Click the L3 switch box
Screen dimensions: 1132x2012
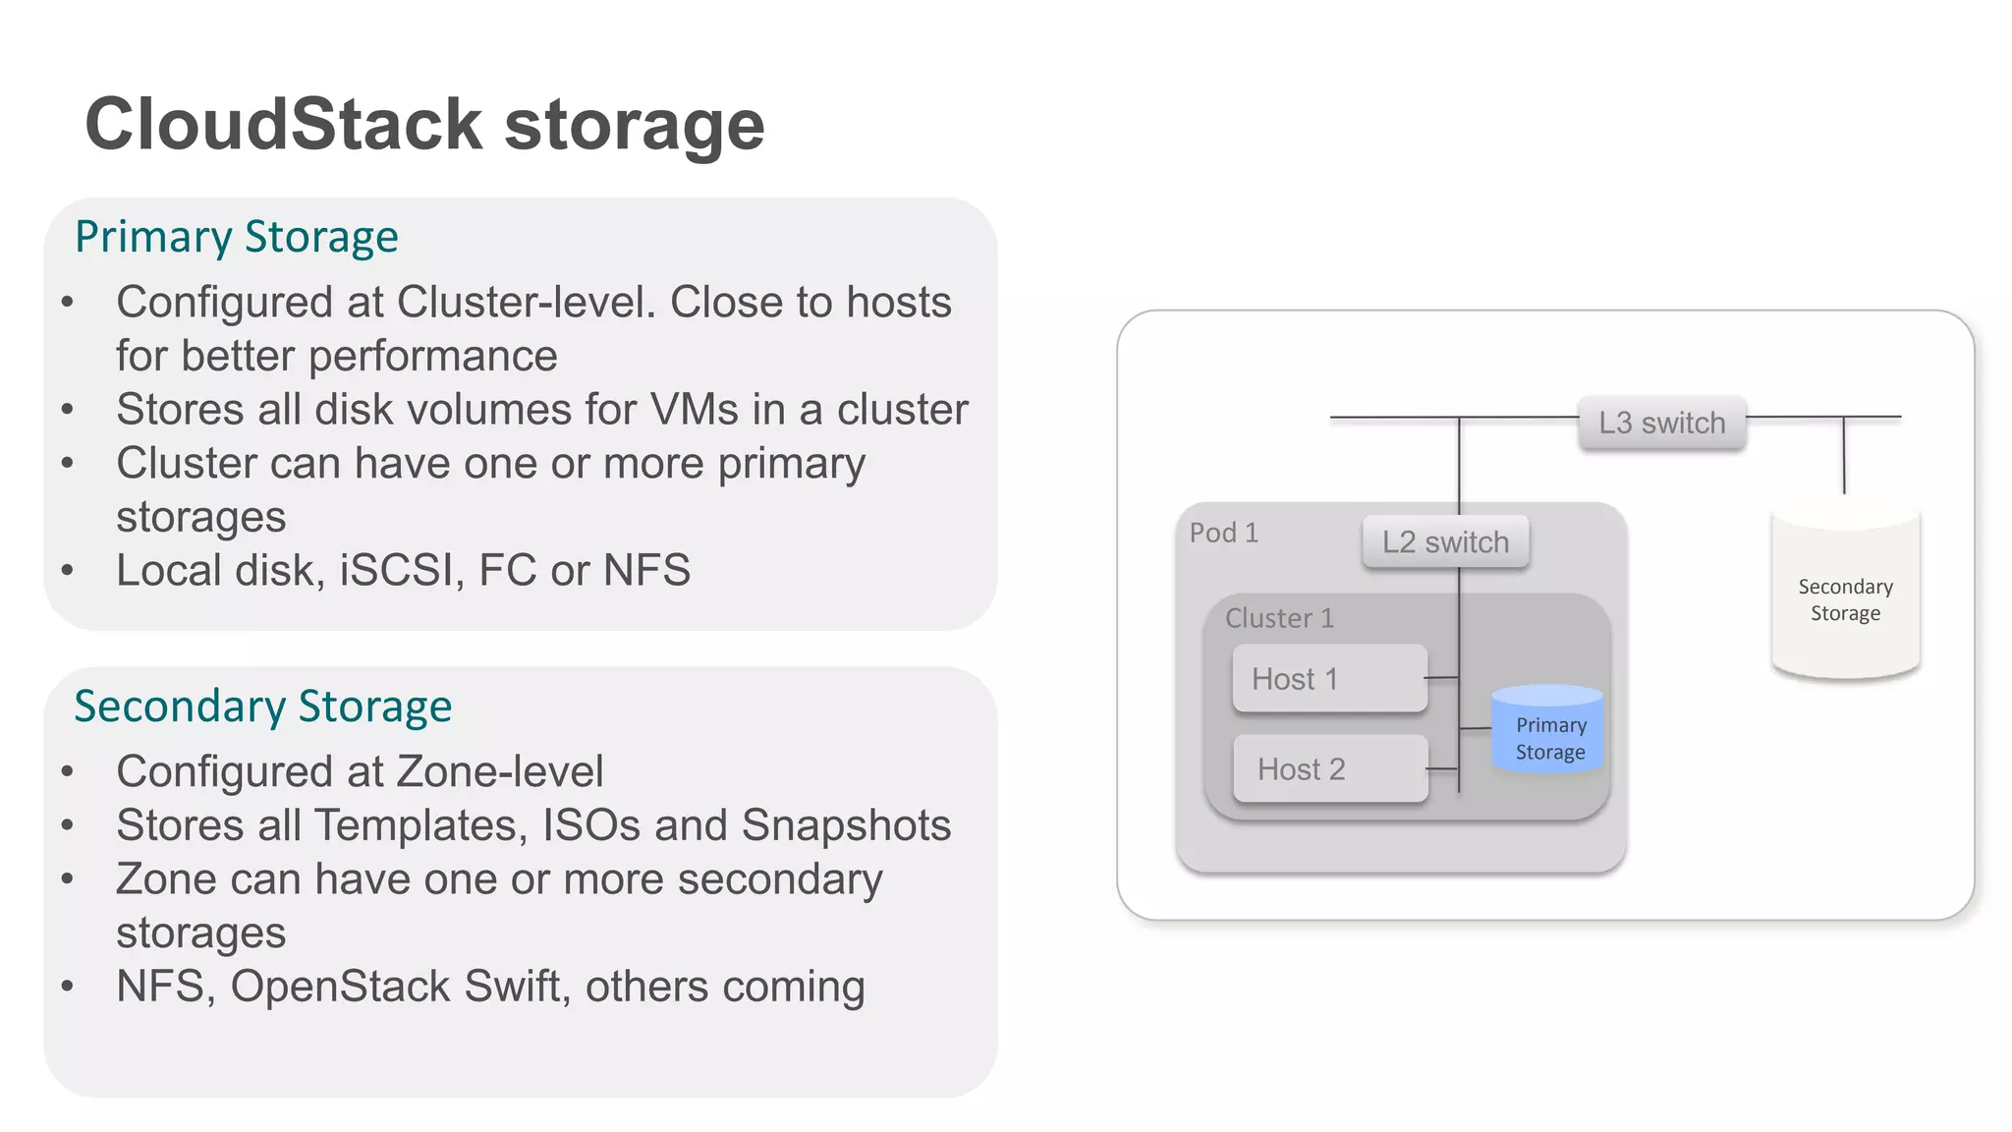(1661, 424)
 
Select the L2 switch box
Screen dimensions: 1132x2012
(1445, 542)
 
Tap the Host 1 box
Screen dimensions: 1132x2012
(1329, 679)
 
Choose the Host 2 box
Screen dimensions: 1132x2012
(1329, 769)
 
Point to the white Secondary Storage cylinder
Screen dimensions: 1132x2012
(1845, 599)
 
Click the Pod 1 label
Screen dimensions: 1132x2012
(1223, 534)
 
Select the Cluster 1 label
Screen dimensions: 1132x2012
(1279, 618)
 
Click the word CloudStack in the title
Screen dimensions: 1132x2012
(284, 125)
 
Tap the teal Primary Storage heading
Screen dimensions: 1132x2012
(237, 237)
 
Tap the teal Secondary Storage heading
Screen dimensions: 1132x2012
(262, 707)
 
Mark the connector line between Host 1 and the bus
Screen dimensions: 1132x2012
(1442, 677)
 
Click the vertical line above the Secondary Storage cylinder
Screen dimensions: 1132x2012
(1844, 455)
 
